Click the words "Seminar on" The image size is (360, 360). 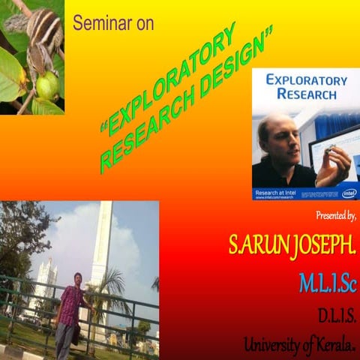[113, 23]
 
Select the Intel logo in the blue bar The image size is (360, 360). [349, 193]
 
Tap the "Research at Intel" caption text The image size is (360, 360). [276, 192]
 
